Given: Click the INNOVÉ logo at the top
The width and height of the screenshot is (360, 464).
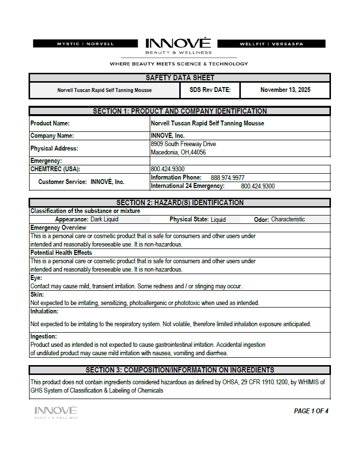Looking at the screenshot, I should tap(178, 45).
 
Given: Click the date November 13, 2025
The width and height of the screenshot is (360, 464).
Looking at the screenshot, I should tap(285, 90).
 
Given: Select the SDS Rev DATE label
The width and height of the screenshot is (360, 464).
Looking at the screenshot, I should tap(206, 90).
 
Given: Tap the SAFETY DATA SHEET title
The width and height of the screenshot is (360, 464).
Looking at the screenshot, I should tap(180, 78).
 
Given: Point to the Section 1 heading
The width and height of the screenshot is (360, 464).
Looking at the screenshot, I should tap(180, 111).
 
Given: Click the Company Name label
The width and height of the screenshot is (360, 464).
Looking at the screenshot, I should tap(52, 136).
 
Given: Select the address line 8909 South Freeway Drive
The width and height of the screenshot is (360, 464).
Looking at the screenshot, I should tap(183, 144).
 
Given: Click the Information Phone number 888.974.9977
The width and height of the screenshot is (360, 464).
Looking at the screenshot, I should tap(228, 178).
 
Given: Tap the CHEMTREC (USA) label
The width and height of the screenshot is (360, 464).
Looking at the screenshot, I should tap(55, 169).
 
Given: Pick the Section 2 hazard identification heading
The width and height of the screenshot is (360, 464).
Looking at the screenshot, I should tap(180, 203).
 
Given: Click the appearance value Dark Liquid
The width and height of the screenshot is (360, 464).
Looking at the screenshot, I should tap(104, 219).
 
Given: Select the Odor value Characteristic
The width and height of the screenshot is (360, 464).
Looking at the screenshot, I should tap(288, 219).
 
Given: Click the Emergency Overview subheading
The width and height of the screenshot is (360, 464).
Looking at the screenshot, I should tap(58, 228).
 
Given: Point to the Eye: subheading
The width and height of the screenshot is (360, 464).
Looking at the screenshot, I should tap(36, 278).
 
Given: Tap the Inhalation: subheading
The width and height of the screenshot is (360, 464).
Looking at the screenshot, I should tap(44, 311).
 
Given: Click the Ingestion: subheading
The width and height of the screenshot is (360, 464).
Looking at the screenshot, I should tap(44, 337).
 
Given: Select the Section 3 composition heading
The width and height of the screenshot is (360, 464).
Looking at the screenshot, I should tap(180, 370).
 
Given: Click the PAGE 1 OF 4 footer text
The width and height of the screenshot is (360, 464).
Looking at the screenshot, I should tap(311, 411).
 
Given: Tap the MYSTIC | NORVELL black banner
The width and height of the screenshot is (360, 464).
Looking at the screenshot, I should tap(85, 44).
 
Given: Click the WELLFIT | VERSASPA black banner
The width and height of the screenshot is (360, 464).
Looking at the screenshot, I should tap(271, 44).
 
